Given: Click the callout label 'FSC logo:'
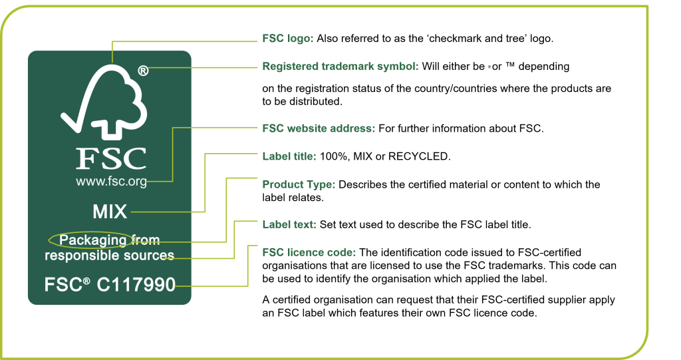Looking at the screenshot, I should coord(287,39).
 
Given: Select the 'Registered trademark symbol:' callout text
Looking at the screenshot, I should coord(340,67).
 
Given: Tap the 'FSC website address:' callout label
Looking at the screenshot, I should coord(319,128).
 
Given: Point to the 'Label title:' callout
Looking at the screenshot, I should coord(289,156).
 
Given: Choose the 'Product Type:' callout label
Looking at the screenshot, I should coord(299,184).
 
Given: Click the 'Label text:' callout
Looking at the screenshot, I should coord(289,224).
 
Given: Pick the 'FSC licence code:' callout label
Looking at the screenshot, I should coord(309,253).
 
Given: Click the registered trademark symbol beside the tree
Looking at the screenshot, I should coord(143,71).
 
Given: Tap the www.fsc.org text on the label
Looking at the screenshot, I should coord(111,181).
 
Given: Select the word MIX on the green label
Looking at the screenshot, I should coord(110,212).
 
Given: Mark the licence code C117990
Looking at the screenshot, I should coord(136,285).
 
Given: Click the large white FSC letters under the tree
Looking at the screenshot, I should coord(111,158).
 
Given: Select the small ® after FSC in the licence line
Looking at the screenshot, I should coord(86,281).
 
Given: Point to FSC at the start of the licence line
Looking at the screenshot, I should coord(63,285).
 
